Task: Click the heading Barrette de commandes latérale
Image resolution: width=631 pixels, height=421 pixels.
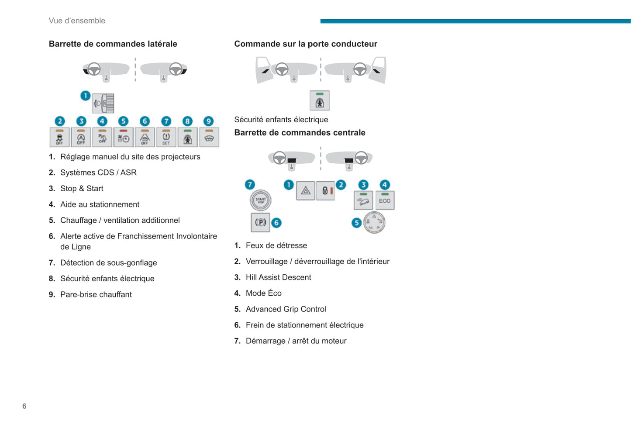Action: coord(113,44)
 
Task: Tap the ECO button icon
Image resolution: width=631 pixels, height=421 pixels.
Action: coord(385,200)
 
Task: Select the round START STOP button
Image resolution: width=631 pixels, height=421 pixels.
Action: coord(260,200)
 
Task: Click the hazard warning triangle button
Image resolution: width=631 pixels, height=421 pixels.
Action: coord(306,190)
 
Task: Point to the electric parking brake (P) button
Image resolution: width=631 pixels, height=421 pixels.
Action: coord(260,222)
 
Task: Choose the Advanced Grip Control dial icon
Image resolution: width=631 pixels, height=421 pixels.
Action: coord(374,222)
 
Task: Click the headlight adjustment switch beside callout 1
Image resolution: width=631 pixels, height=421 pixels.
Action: coord(103,104)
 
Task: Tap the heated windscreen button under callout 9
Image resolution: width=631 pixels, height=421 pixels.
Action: coord(209,137)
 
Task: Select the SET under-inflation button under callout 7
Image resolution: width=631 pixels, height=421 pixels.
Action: coord(166,137)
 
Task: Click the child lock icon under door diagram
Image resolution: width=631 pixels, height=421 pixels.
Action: coord(320,101)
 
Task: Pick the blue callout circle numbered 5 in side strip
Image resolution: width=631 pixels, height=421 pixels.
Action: coord(124,121)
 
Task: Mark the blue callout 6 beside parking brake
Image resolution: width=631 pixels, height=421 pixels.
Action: coord(276,223)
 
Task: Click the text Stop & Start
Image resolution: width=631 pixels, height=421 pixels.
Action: coord(82,188)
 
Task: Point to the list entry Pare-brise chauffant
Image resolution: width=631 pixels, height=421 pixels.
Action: coord(96,294)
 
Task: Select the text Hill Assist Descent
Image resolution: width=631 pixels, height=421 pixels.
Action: coord(278,277)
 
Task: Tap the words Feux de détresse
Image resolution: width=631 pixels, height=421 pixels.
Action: coord(276,245)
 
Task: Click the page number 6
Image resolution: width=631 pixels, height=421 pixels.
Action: coord(24,406)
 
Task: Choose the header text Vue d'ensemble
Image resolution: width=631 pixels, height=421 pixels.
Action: coord(77,21)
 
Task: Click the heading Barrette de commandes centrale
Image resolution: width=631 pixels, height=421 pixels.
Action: coord(300,133)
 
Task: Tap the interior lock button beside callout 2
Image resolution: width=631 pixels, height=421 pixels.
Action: coord(326,190)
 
